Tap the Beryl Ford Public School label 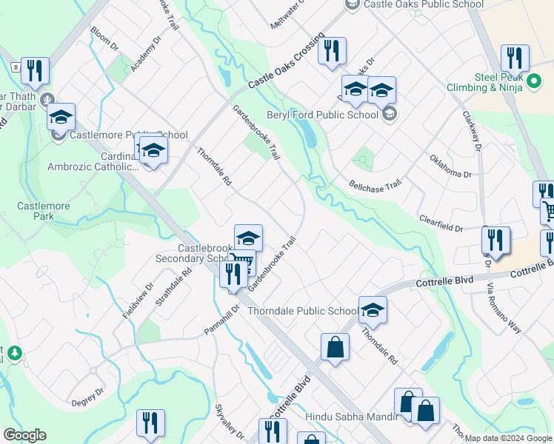(x=322, y=115)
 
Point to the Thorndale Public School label (x=302, y=311)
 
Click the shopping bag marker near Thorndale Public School (x=335, y=346)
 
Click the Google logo (x=24, y=435)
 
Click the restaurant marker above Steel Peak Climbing (x=515, y=58)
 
